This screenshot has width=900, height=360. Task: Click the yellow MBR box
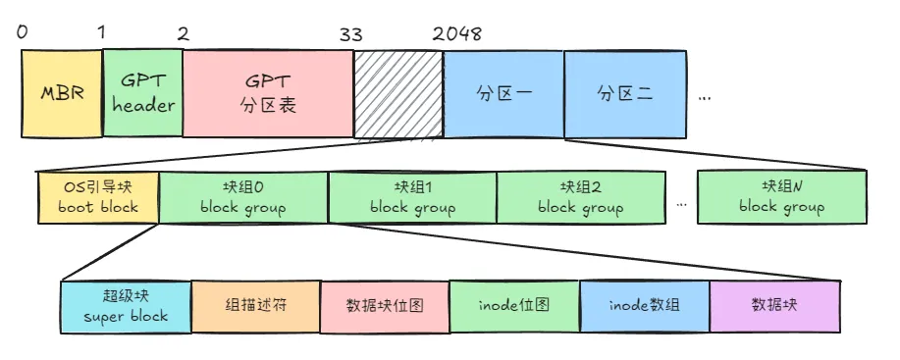coord(61,94)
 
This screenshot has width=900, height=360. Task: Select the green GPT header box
coord(141,94)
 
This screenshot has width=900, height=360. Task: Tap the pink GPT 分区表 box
coord(267,94)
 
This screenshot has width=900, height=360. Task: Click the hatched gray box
coord(397,94)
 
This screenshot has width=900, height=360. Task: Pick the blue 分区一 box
coord(503,94)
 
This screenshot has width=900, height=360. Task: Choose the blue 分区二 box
coord(625,94)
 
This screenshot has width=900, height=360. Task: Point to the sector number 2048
coord(456,33)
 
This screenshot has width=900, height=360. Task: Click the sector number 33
coord(350,33)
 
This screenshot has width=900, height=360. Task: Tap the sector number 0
coord(23,33)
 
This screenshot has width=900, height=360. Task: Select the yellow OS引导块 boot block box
coord(97,196)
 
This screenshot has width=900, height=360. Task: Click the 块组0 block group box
coord(242,196)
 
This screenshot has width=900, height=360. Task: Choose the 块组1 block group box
coord(412,196)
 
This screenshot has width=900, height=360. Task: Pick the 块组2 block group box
coord(581,196)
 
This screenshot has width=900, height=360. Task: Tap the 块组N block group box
coord(781,196)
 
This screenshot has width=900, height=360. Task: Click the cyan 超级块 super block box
coord(126,305)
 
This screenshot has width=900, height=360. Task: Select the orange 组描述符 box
coord(254,305)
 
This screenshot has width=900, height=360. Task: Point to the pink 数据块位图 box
coord(384,305)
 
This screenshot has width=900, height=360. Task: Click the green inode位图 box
coord(513,305)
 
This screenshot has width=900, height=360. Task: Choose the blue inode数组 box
coord(643,305)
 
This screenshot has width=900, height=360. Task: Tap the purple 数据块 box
coord(774,305)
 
